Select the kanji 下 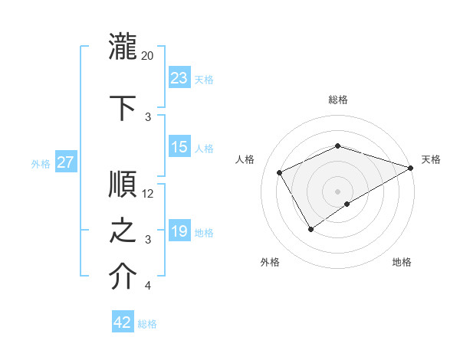[123, 106]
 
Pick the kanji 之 [123, 231]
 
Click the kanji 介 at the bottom [123, 277]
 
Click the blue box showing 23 [179, 78]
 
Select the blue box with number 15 [179, 147]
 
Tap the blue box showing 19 [179, 231]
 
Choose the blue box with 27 [66, 162]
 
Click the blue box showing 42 [123, 322]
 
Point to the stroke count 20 [148, 55]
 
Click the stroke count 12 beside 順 [148, 194]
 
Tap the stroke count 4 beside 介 [148, 286]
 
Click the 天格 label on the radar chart [431, 159]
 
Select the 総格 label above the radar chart [338, 100]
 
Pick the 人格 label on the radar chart [245, 159]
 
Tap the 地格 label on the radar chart [402, 263]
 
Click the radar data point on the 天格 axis [412, 167]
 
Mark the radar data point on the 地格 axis [348, 204]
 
